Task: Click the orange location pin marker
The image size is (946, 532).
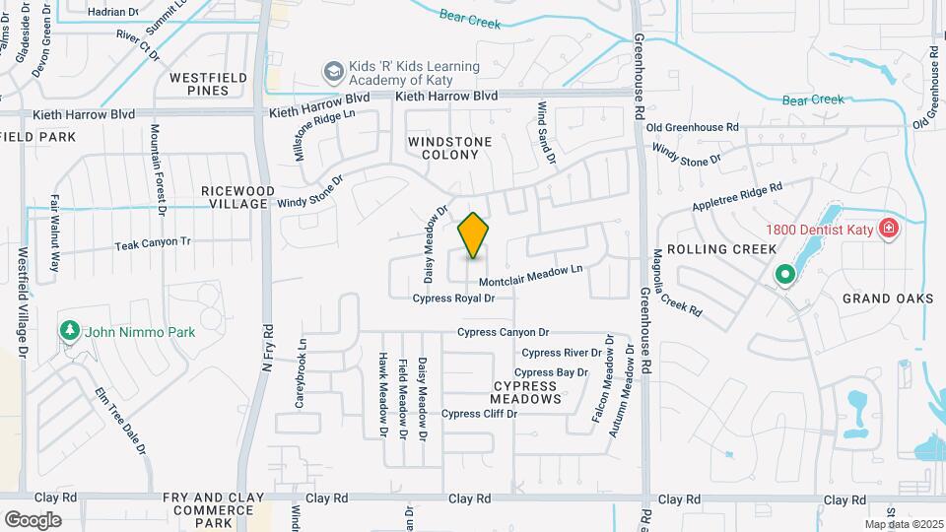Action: tap(474, 235)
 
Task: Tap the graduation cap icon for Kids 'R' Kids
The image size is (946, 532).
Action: tap(332, 72)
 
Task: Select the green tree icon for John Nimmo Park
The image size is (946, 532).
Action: tap(69, 330)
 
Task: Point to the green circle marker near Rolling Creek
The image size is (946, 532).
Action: tap(784, 275)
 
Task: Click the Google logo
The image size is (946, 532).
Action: tap(34, 519)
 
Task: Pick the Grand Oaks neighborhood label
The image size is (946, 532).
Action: tap(887, 299)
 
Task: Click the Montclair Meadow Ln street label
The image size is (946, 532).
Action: tap(531, 275)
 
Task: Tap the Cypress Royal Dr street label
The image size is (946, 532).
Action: tap(452, 298)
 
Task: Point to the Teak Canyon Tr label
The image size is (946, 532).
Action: tap(153, 242)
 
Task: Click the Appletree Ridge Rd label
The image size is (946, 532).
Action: tap(736, 197)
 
